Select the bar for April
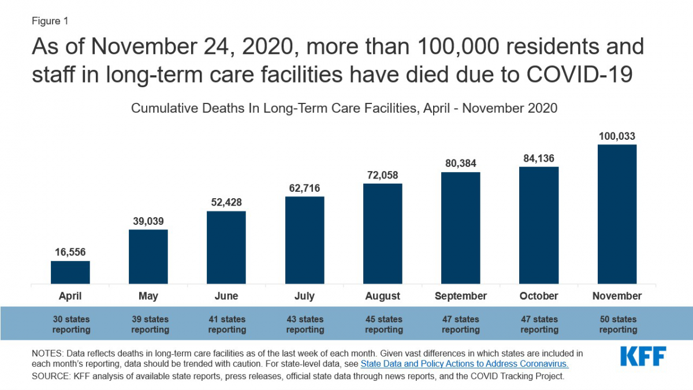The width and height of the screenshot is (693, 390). (x=70, y=272)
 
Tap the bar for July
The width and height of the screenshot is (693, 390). (x=304, y=240)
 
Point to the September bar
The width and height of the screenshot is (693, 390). (x=460, y=228)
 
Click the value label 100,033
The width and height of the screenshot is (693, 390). (x=617, y=136)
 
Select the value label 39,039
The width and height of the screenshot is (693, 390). (x=148, y=221)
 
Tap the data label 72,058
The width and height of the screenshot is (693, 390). (x=382, y=175)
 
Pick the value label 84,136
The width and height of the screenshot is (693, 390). (x=539, y=158)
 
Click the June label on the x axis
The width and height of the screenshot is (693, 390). (x=226, y=296)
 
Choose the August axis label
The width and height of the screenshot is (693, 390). (x=382, y=296)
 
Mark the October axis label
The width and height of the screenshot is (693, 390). (x=539, y=296)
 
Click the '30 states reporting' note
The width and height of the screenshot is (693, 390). (x=70, y=324)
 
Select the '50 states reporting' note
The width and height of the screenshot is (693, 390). (x=617, y=324)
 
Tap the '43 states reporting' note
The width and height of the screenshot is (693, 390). (x=304, y=324)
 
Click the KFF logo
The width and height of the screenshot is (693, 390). (x=643, y=356)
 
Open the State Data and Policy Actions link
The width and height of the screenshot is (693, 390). (x=465, y=364)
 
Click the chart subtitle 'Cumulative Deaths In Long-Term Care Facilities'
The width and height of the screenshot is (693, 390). (x=344, y=108)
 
